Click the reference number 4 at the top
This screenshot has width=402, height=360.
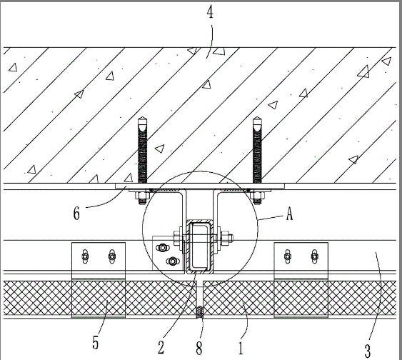pyautogui.click(x=210, y=12)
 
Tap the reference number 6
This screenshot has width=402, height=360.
pyautogui.click(x=76, y=214)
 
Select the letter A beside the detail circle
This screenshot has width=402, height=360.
pyautogui.click(x=289, y=214)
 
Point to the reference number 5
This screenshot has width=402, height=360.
pyautogui.click(x=96, y=343)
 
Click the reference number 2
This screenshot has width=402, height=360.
pyautogui.click(x=161, y=348)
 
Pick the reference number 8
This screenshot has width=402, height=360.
pyautogui.click(x=199, y=348)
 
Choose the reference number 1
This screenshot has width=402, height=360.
pyautogui.click(x=241, y=348)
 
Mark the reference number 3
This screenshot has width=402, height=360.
pyautogui.click(x=368, y=351)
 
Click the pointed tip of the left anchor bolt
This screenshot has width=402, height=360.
pyautogui.click(x=142, y=117)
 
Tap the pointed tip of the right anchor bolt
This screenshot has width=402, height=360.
pyautogui.click(x=256, y=117)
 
